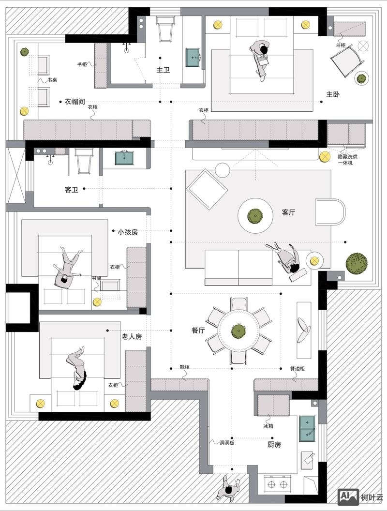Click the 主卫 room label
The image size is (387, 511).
163,70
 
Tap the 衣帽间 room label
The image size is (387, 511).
74,102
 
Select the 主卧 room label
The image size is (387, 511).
333,94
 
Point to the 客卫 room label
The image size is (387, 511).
71,189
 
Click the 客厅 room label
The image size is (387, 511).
289,212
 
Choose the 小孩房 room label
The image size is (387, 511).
128,232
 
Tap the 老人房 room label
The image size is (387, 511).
132,336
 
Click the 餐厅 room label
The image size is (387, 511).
198,331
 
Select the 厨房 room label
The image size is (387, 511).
274,445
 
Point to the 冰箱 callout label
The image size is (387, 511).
268,426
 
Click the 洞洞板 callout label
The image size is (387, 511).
227,443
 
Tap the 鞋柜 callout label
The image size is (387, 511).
185,367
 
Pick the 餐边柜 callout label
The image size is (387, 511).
297,369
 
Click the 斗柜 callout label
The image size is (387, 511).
341,45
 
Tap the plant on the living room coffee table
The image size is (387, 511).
255,216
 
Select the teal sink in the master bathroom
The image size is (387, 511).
193,58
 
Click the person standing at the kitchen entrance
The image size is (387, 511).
229,488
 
